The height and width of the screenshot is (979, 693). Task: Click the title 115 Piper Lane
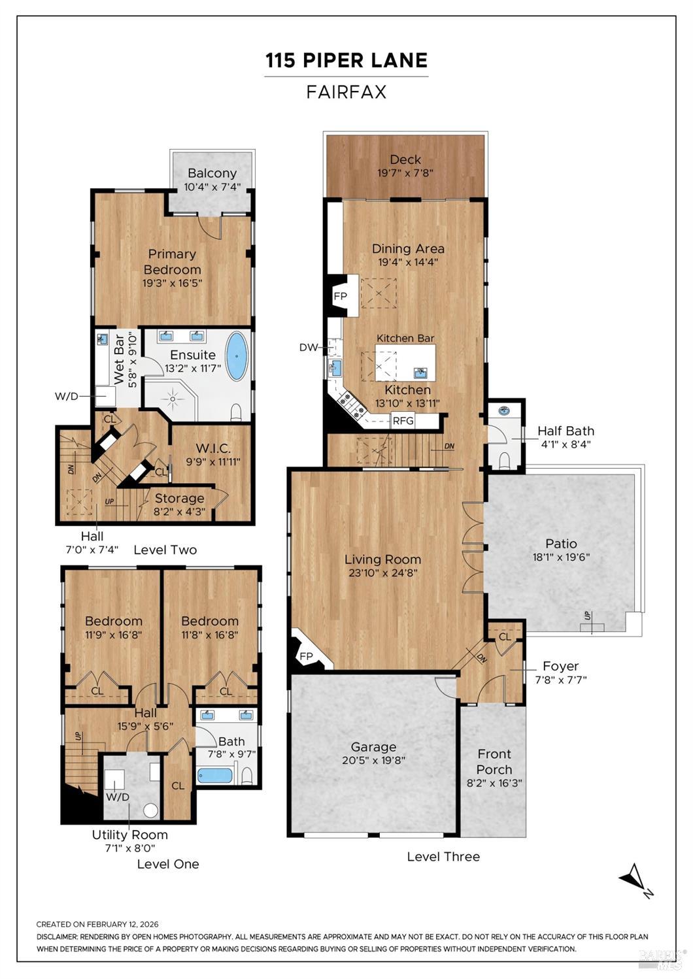click(346, 61)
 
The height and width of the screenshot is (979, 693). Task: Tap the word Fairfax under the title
click(346, 92)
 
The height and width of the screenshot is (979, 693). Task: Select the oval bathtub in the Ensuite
click(237, 356)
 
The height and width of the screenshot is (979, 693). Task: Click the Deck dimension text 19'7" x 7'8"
click(405, 173)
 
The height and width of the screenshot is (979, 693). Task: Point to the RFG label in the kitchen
click(403, 420)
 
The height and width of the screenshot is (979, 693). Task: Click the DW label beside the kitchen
click(308, 347)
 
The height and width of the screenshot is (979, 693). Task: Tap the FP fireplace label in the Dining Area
click(341, 296)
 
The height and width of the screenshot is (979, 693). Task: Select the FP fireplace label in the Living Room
click(306, 656)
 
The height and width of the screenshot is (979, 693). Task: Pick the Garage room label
click(373, 746)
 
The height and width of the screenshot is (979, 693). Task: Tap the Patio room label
click(561, 543)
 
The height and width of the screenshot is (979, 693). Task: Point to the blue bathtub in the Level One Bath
click(215, 776)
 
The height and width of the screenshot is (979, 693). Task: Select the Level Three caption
click(443, 856)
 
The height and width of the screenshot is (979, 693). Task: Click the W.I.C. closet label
click(213, 448)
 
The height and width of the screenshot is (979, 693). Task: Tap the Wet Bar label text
click(119, 359)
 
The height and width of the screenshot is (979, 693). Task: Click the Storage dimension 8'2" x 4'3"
click(179, 512)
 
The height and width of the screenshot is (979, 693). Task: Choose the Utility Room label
click(129, 835)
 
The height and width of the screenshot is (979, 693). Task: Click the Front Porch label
click(494, 761)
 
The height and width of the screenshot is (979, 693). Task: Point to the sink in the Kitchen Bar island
click(421, 373)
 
